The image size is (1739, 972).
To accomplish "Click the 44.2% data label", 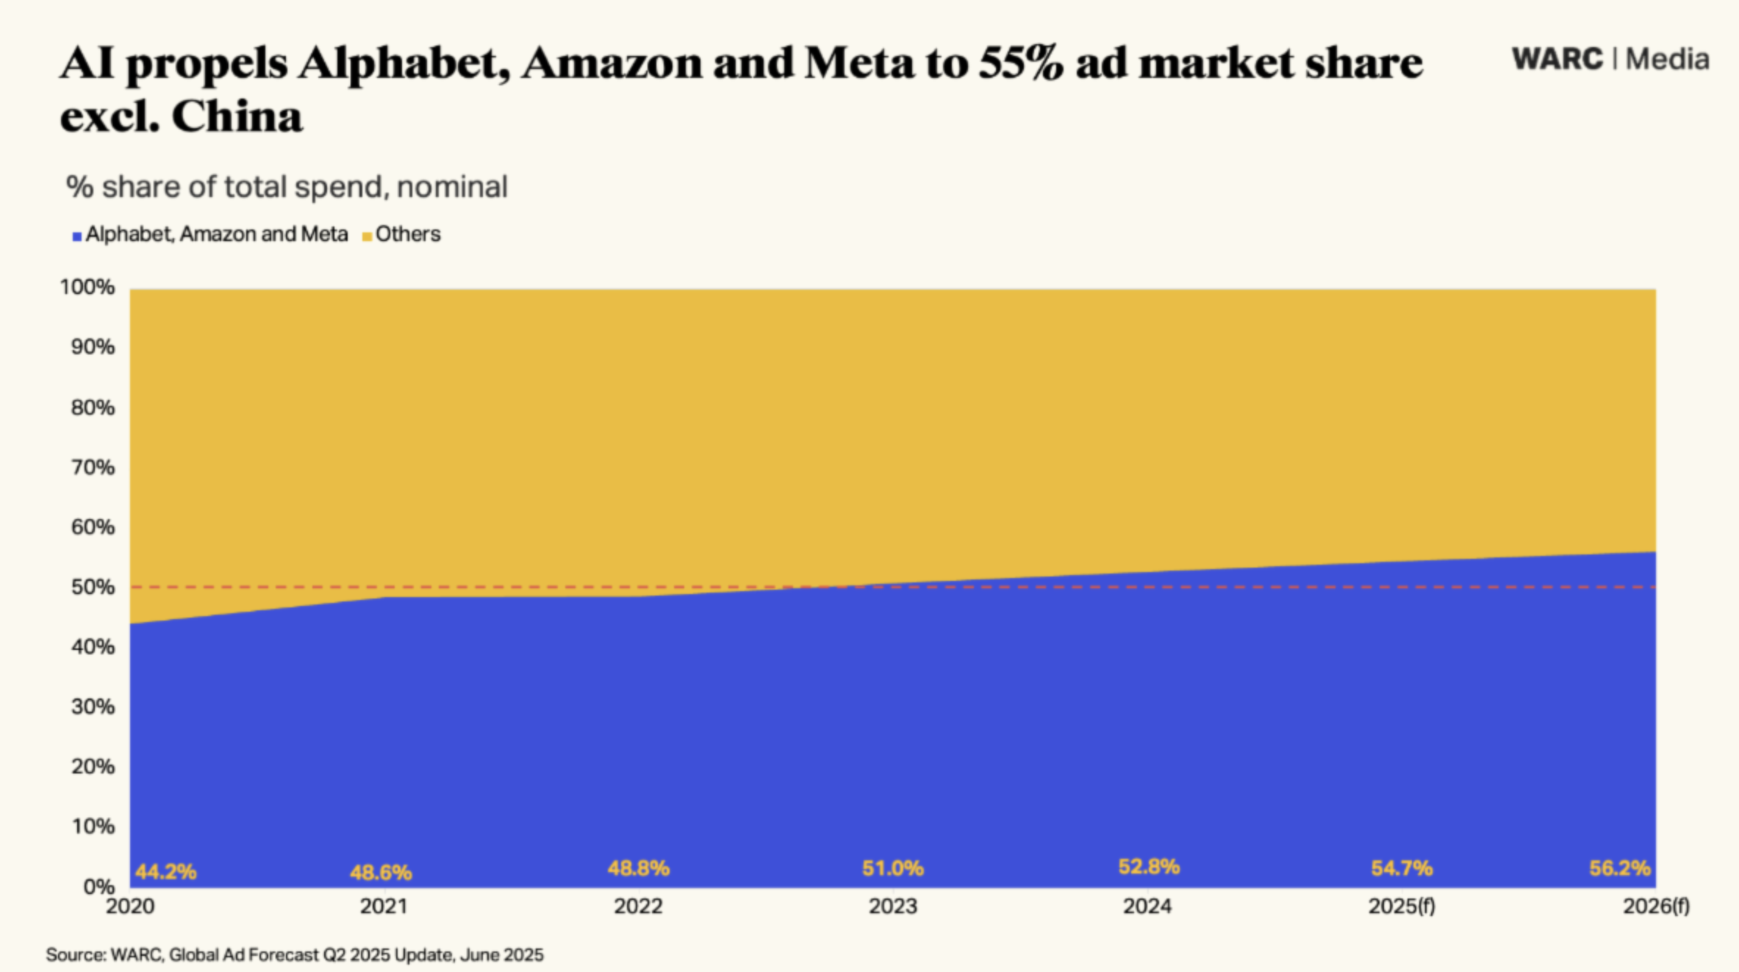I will click(166, 872).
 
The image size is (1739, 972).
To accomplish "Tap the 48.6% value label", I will click(381, 873).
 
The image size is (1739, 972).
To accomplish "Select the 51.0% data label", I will click(893, 868).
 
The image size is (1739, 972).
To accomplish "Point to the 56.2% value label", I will click(1620, 868).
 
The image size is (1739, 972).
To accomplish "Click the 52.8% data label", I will click(1149, 867).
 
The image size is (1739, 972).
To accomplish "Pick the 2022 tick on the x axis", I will click(638, 907).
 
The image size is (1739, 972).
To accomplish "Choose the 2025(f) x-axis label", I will click(1402, 907).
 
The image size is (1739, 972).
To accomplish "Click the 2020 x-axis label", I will click(130, 907).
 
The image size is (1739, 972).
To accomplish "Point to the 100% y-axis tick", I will click(87, 287).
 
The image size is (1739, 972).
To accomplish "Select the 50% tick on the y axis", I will click(93, 587).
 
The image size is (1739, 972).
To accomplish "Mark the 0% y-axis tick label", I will click(98, 887).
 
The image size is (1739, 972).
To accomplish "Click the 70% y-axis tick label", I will click(93, 467).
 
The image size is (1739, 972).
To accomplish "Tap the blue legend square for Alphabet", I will click(76, 237).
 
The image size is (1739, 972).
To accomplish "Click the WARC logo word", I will click(1557, 60).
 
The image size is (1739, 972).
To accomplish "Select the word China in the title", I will click(237, 116).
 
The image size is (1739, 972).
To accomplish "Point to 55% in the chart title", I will click(1021, 62).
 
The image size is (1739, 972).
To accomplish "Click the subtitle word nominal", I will click(452, 187).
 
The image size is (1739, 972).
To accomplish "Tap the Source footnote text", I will click(295, 955).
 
